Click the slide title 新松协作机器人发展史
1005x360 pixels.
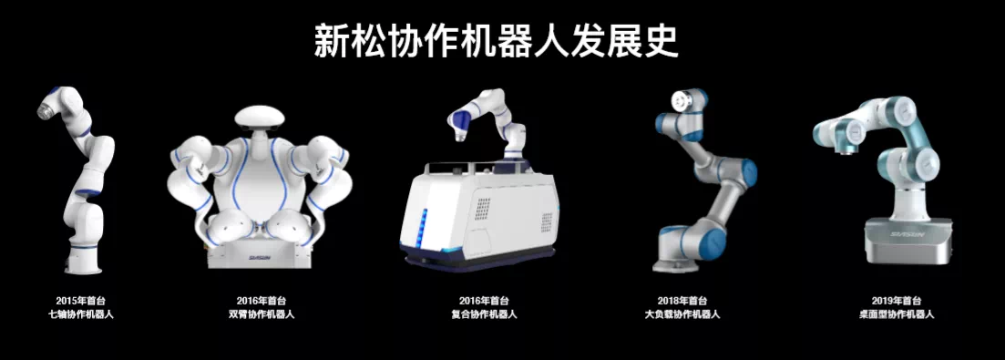(496, 42)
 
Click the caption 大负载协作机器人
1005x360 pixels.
(682, 314)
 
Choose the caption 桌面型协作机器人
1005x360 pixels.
(896, 314)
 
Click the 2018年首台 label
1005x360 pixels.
(682, 300)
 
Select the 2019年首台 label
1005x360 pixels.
(896, 300)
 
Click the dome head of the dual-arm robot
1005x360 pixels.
(258, 119)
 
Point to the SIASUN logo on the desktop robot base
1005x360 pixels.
(907, 235)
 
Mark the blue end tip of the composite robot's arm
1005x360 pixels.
(456, 124)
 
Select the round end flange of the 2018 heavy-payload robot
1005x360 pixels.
(680, 101)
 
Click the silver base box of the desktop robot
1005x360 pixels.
(907, 241)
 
